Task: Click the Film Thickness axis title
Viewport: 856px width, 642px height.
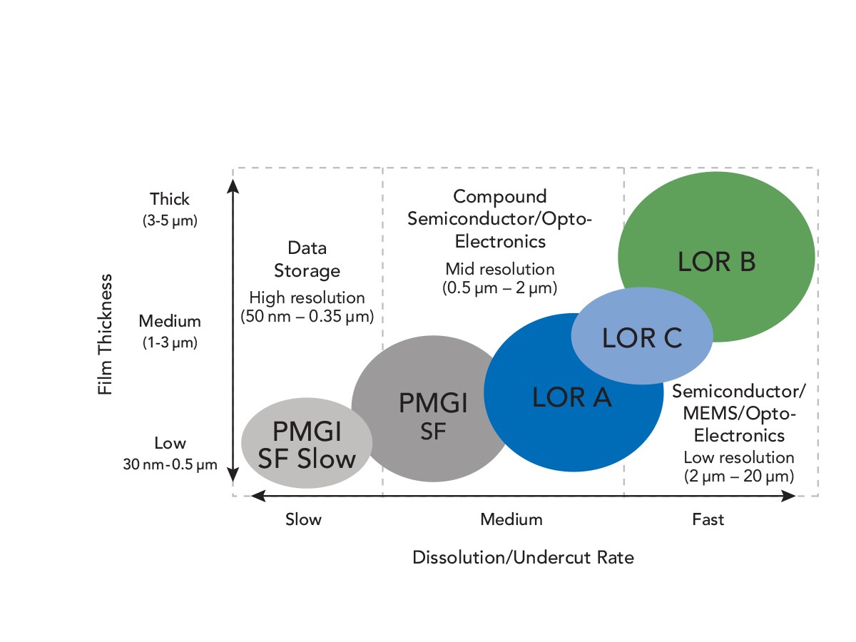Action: pos(105,335)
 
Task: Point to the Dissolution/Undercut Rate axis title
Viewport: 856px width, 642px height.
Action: pos(523,558)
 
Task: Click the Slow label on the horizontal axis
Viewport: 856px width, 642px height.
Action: pos(303,519)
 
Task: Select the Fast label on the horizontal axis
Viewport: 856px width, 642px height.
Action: pos(708,519)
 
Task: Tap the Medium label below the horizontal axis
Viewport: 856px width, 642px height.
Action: pos(511,519)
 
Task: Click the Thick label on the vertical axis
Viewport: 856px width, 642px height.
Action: pos(170,199)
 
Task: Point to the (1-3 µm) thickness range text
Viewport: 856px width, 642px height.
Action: pos(170,342)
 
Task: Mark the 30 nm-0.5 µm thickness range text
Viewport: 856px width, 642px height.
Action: pos(170,464)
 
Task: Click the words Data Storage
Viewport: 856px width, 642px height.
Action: pos(307,259)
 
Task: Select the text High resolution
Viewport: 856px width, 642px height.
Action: pos(307,297)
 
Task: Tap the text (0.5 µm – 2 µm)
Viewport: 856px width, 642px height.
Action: pos(499,288)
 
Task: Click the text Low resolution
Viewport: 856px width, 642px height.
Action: pos(738,458)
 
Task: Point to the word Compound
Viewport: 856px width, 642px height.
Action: pos(499,197)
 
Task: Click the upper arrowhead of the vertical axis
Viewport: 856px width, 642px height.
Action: pos(233,186)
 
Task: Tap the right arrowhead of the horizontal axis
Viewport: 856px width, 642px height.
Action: pos(788,496)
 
